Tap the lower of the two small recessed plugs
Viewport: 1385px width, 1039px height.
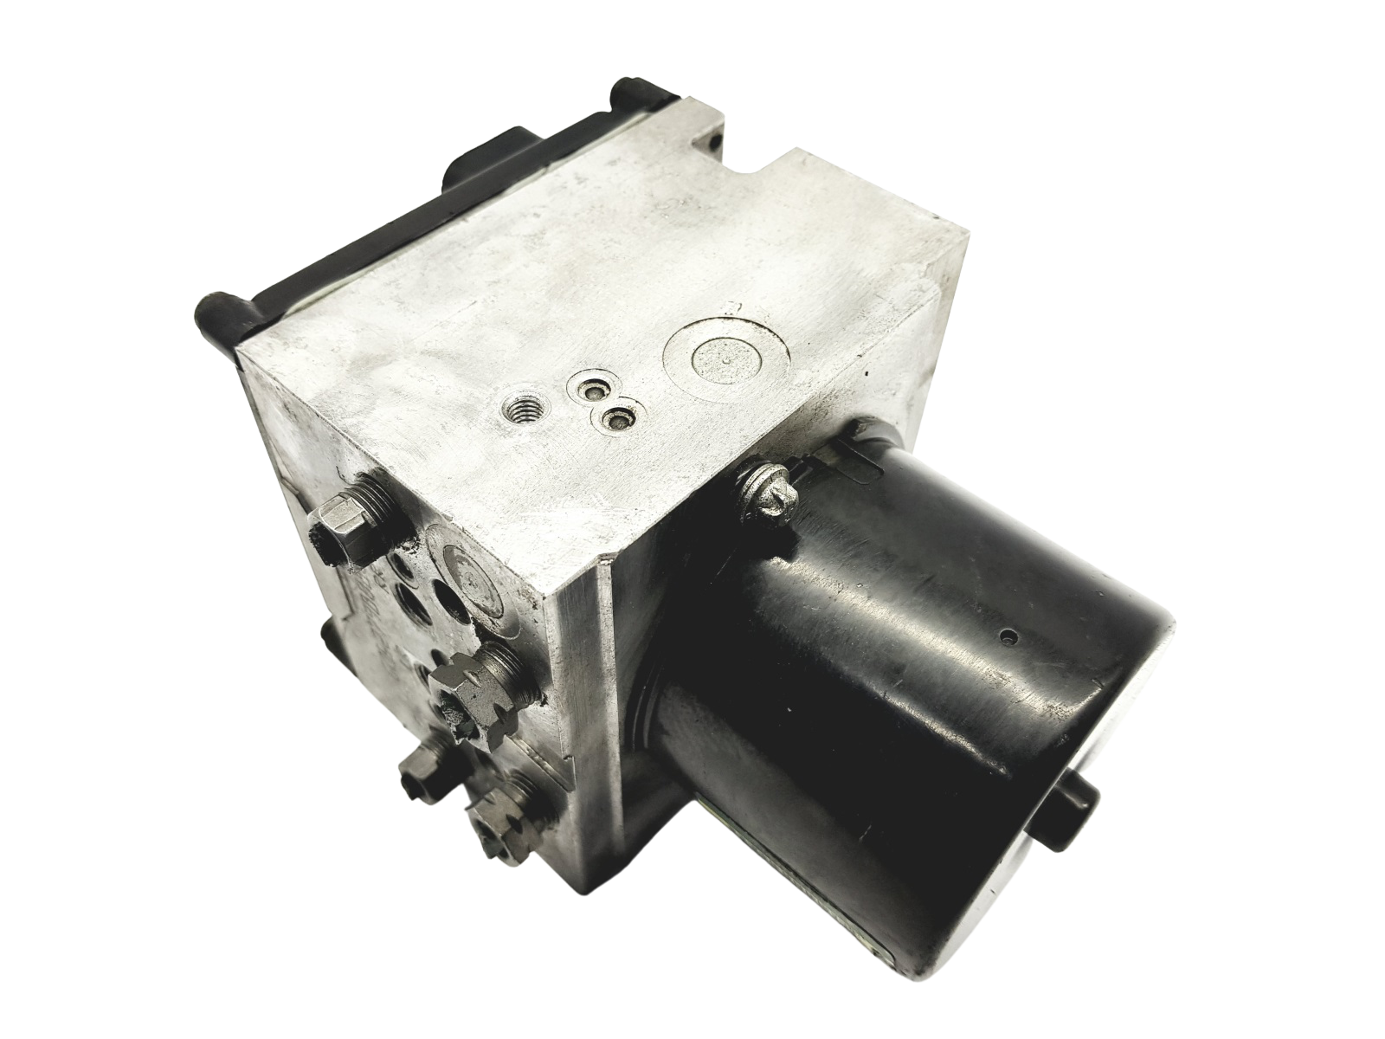coord(615,419)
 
